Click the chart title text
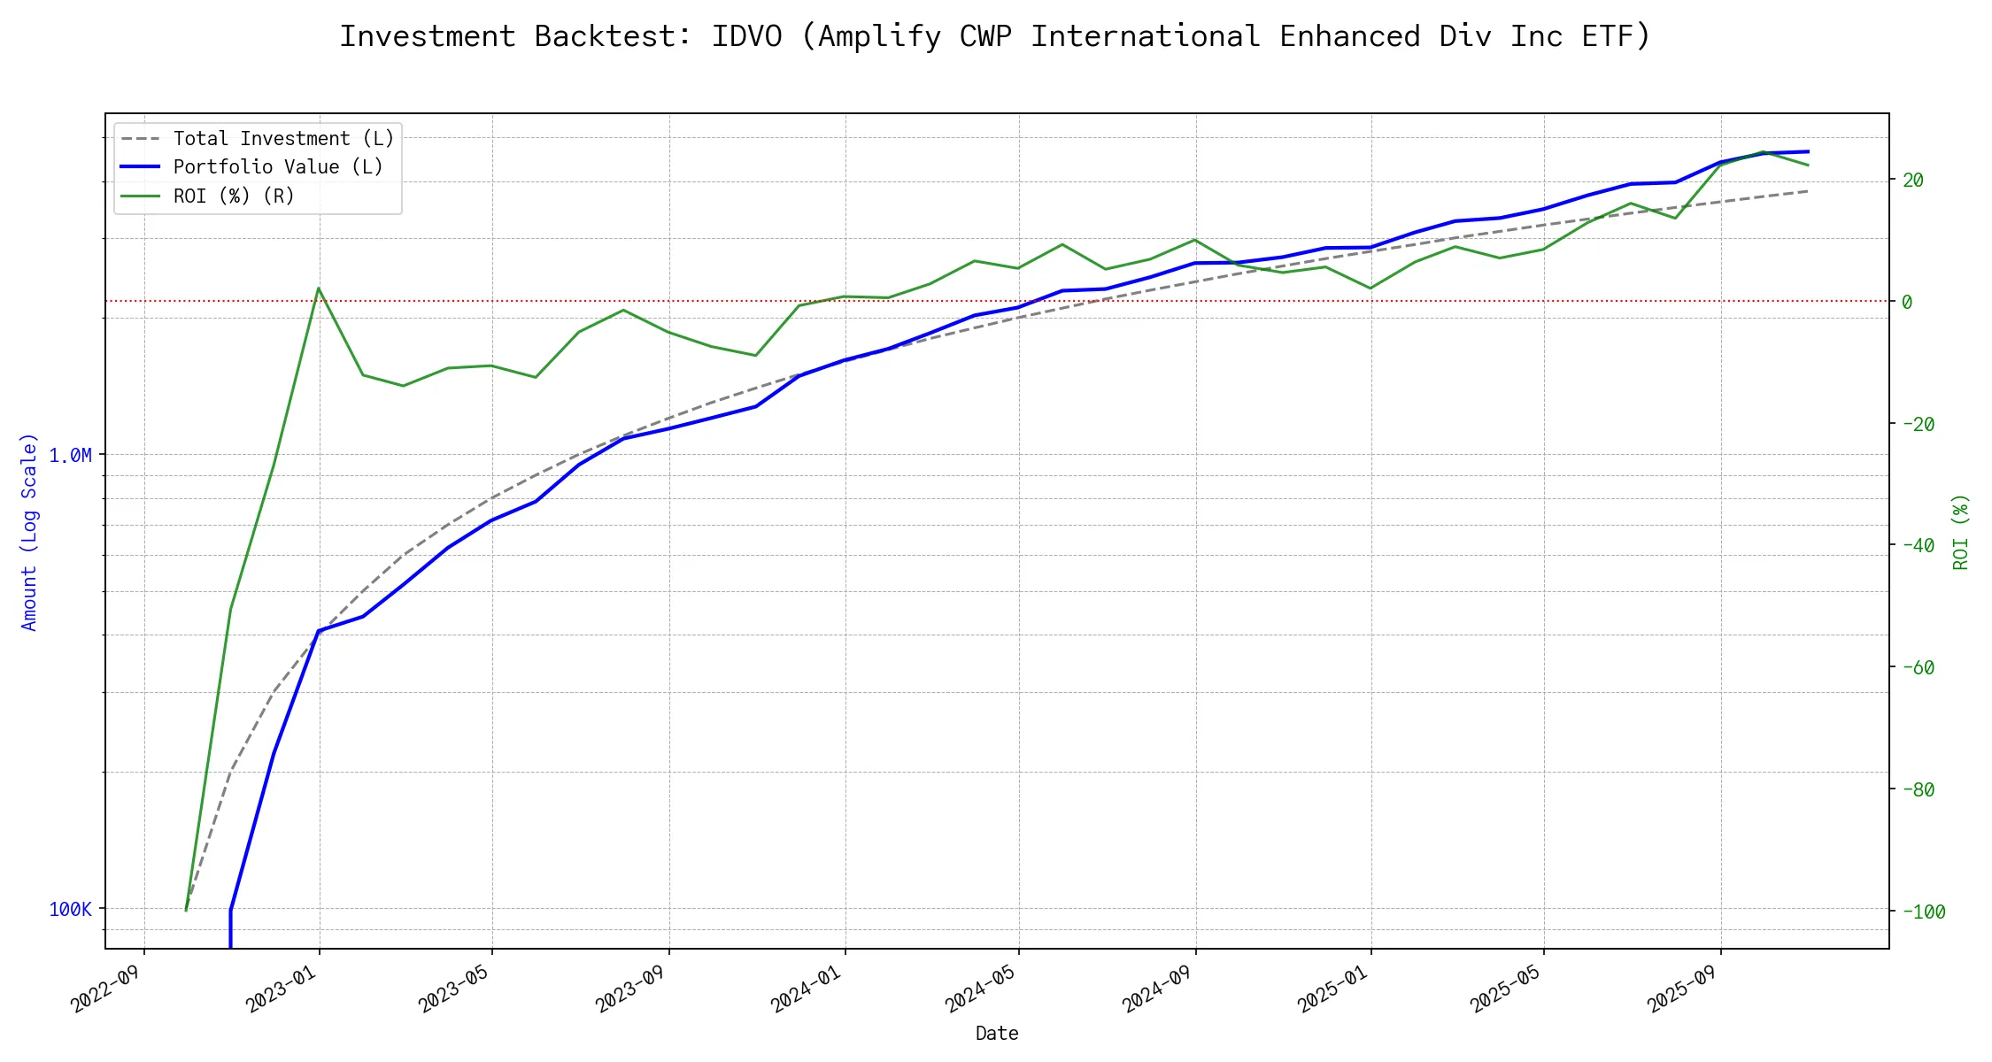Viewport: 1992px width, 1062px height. (995, 36)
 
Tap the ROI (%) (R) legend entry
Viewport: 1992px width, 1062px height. (234, 196)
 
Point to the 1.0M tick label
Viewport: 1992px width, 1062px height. (70, 456)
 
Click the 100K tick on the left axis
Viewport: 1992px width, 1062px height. (70, 910)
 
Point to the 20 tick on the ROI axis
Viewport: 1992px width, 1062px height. (1913, 181)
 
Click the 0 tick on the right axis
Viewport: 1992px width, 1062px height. (1907, 303)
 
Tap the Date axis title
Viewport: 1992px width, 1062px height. (997, 1034)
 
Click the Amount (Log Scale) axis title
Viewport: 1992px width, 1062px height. (30, 532)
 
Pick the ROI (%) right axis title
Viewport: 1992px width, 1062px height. (1960, 532)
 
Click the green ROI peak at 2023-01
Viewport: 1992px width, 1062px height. (319, 289)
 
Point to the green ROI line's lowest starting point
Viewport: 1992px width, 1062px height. (186, 910)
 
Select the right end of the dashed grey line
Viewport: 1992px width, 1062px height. (1807, 191)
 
